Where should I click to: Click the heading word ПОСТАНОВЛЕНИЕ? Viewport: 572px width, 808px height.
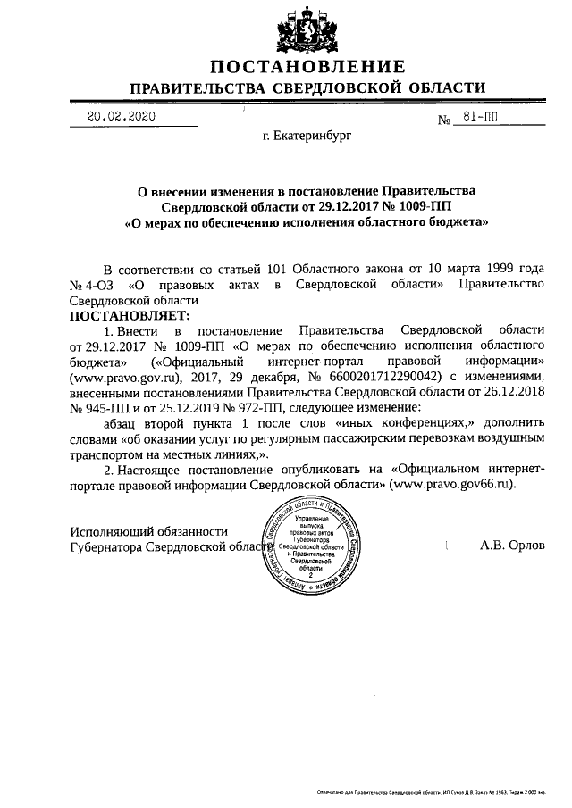point(308,68)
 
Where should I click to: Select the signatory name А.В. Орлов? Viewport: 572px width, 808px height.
point(511,544)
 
